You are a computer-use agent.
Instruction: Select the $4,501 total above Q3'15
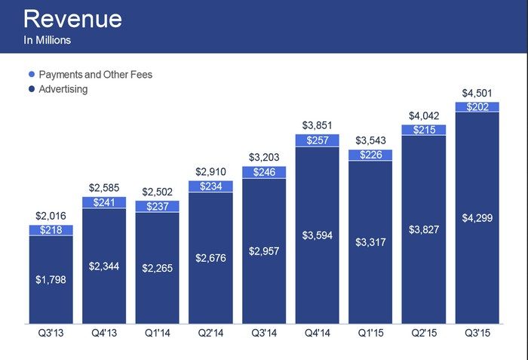tap(477, 94)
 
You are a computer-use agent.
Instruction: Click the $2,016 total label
tap(51, 217)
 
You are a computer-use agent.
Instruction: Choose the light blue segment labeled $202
tap(477, 107)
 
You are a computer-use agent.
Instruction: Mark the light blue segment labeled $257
tap(317, 140)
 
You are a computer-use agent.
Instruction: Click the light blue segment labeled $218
tap(51, 230)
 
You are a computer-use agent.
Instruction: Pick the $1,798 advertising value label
tap(51, 280)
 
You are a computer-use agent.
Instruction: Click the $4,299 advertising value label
tap(477, 218)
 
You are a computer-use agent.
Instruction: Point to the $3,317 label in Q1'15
tap(370, 242)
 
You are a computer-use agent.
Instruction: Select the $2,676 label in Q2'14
tap(210, 259)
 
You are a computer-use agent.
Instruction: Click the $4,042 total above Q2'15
tap(423, 116)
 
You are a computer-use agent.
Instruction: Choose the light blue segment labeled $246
tap(264, 172)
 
